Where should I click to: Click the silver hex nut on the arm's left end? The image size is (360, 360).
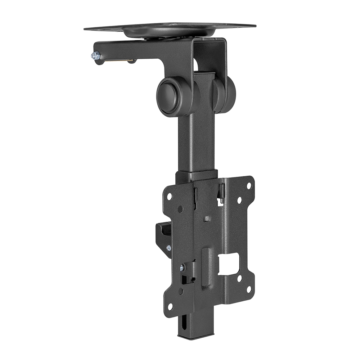(95, 56)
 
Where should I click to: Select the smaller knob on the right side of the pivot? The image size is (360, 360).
(225, 94)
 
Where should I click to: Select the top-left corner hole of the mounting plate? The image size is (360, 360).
(169, 197)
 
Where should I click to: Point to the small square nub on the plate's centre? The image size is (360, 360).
(207, 219)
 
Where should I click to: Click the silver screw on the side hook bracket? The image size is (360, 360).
(168, 248)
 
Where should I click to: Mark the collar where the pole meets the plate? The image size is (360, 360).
(196, 176)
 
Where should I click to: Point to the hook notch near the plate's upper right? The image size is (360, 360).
(221, 194)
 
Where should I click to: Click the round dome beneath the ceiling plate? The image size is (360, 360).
(169, 32)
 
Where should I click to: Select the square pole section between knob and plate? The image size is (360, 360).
(196, 144)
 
